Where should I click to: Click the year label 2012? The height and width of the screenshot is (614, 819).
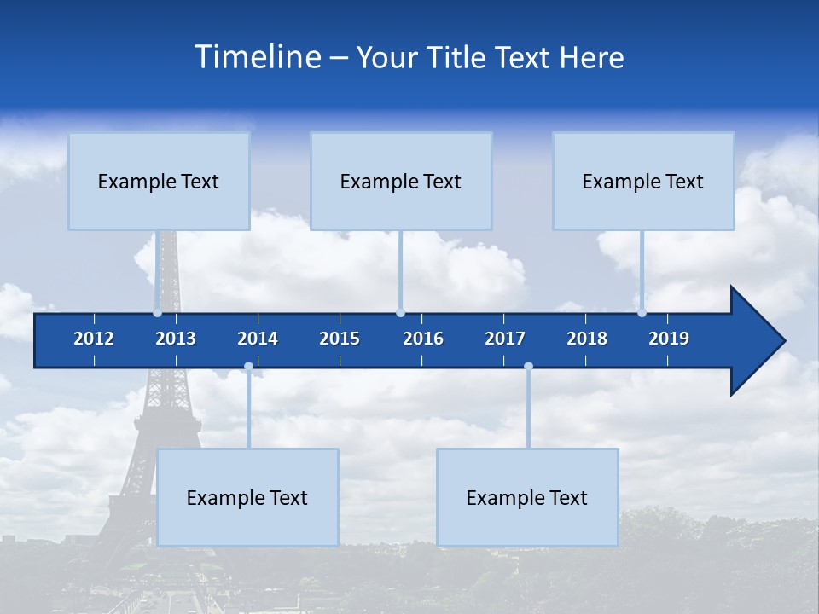pyautogui.click(x=94, y=339)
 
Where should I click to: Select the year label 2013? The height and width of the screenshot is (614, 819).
pyautogui.click(x=176, y=339)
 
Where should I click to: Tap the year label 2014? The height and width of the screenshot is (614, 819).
pyautogui.click(x=258, y=339)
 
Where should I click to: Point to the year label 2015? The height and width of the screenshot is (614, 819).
pyautogui.click(x=340, y=339)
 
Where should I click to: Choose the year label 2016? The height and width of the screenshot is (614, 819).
pyautogui.click(x=423, y=339)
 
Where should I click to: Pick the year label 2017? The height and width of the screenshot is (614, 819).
pyautogui.click(x=505, y=339)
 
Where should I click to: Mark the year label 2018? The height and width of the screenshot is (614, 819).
pyautogui.click(x=587, y=339)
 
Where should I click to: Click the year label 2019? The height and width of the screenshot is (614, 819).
pyautogui.click(x=669, y=339)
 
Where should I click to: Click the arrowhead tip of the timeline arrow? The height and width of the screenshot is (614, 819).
pyautogui.click(x=783, y=341)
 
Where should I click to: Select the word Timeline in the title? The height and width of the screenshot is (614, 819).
pyautogui.click(x=256, y=57)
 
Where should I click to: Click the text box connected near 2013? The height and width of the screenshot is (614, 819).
pyautogui.click(x=159, y=181)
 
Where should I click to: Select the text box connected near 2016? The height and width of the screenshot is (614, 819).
pyautogui.click(x=401, y=181)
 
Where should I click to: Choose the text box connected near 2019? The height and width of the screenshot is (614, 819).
pyautogui.click(x=643, y=181)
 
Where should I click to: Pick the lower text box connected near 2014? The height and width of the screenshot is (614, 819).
pyautogui.click(x=247, y=497)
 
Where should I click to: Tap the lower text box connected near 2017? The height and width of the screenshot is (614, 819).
pyautogui.click(x=527, y=497)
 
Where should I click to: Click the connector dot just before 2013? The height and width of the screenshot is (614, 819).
pyautogui.click(x=158, y=313)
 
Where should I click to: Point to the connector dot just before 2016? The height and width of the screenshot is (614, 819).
pyautogui.click(x=400, y=313)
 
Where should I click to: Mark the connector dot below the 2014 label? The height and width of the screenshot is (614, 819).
pyautogui.click(x=248, y=367)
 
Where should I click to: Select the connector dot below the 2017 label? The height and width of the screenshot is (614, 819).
pyautogui.click(x=528, y=367)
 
